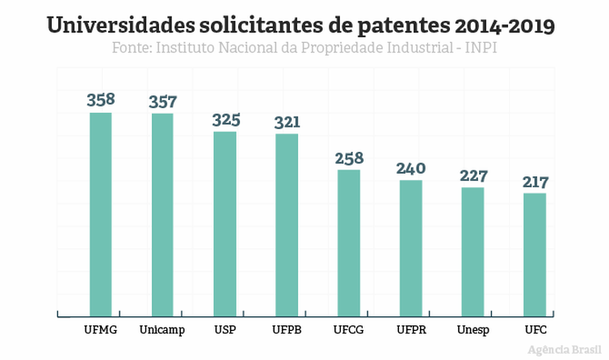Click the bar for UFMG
point(100,214)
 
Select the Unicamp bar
point(162,214)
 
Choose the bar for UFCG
point(349,242)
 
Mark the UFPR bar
point(410,247)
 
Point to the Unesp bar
point(472,251)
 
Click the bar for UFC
point(535,253)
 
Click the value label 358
point(101,100)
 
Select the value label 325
point(225,119)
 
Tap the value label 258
point(349,157)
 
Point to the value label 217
point(535,182)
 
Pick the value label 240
point(411,169)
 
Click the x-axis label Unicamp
point(162,330)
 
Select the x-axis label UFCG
point(349,330)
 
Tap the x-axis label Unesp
point(472,330)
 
